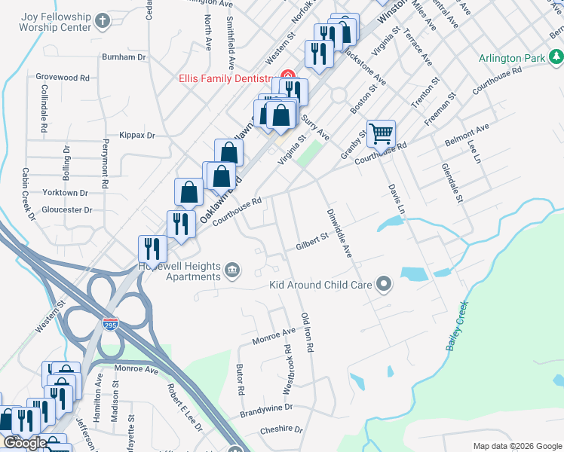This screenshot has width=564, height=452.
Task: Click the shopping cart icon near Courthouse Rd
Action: (x=382, y=134)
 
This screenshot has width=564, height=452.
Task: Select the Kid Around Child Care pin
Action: (x=385, y=285)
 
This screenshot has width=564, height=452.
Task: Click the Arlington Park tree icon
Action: (x=556, y=57)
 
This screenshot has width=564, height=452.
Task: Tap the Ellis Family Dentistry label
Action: (x=224, y=78)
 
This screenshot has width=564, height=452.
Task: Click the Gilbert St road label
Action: (x=312, y=241)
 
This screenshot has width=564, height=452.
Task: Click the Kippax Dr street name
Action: (x=136, y=136)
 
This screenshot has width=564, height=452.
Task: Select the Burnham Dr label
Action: (x=124, y=56)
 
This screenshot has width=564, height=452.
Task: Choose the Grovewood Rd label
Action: (x=63, y=77)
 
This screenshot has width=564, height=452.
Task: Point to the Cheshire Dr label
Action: (x=280, y=429)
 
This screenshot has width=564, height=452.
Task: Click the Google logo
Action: (x=24, y=443)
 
